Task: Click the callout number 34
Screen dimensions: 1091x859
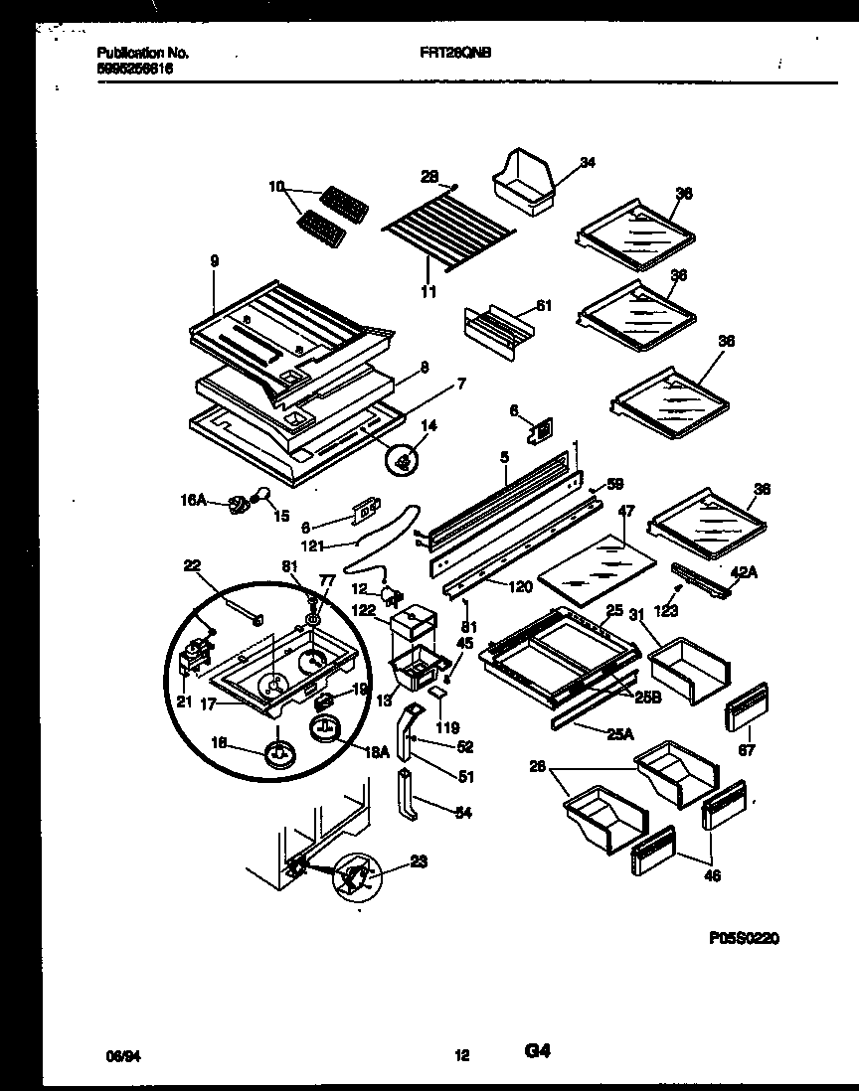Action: [x=588, y=163]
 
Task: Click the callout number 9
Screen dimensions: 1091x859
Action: [x=215, y=260]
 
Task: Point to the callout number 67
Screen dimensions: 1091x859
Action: [x=747, y=751]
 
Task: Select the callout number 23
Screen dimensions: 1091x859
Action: [x=419, y=863]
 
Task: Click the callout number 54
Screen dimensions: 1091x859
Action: [x=462, y=813]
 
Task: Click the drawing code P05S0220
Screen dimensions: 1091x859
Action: [x=745, y=936]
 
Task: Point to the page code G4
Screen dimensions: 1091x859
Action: [x=538, y=1050]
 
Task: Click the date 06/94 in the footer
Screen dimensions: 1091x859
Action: [x=119, y=1054]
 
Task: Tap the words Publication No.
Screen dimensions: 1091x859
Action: [x=143, y=53]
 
